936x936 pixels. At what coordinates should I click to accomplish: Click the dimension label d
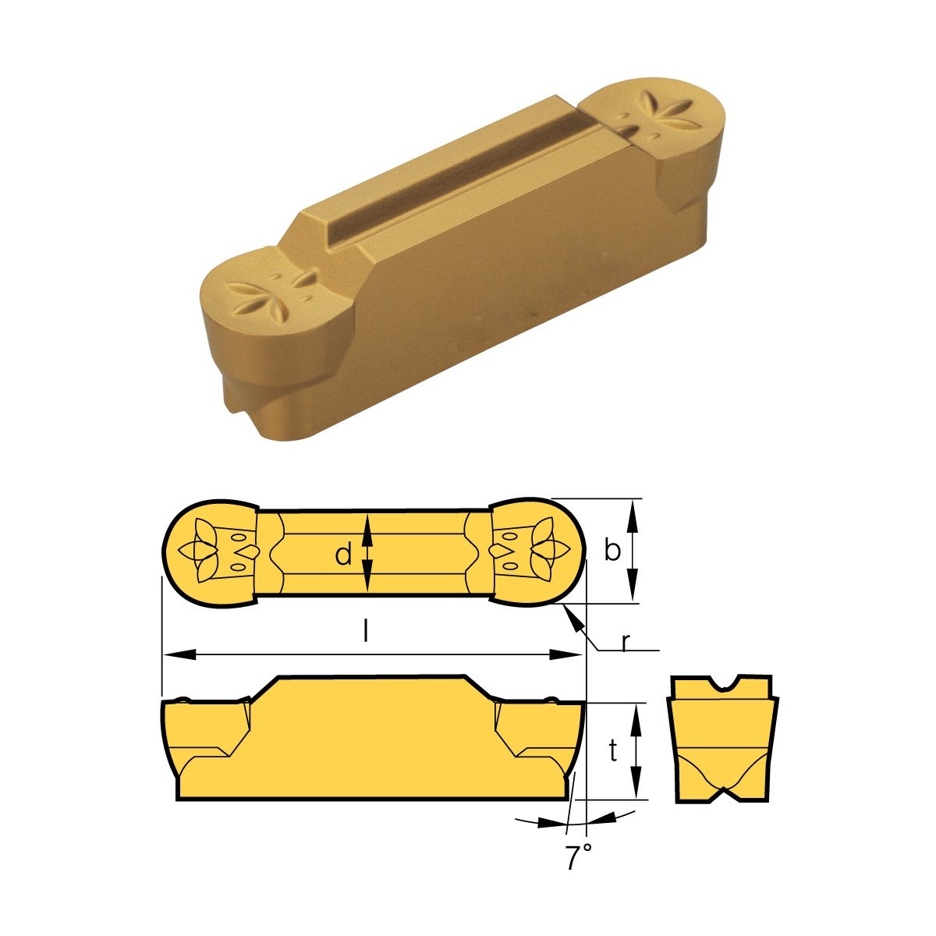point(343,555)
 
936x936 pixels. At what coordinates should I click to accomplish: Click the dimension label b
point(613,551)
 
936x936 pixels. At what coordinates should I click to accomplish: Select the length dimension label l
point(366,631)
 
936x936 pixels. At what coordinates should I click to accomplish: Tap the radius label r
point(626,641)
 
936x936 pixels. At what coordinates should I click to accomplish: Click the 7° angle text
point(577,858)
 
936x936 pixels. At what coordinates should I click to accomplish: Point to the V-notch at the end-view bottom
point(722,794)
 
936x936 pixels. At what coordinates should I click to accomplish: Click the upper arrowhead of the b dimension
point(634,509)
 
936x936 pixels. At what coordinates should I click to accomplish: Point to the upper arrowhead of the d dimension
point(370,524)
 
